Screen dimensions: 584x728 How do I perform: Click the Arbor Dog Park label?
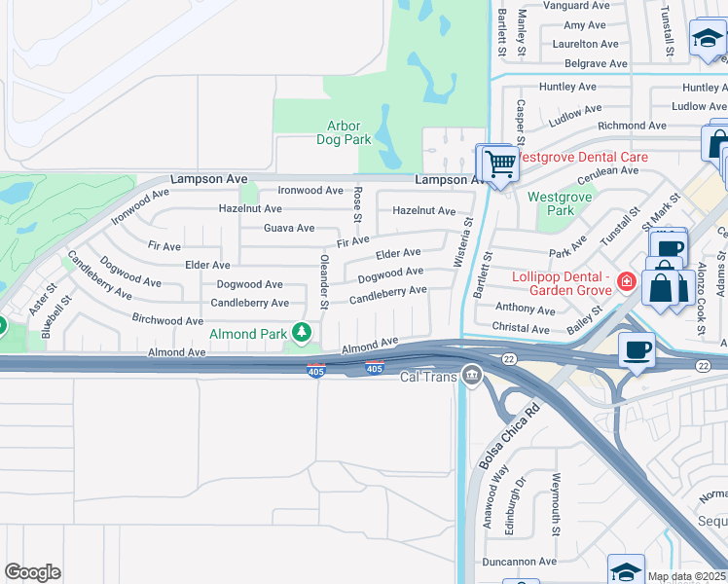pos(344,132)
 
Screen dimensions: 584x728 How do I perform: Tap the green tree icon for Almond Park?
pos(303,333)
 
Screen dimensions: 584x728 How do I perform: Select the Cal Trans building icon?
pos(472,375)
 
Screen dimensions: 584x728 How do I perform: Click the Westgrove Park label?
pos(551,202)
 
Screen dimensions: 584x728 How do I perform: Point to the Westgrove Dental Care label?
pos(581,156)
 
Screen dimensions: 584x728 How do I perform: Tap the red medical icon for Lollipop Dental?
pos(627,283)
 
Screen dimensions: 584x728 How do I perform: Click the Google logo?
pos(32,572)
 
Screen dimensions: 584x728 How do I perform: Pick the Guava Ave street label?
pos(289,228)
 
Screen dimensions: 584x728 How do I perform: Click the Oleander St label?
pos(324,278)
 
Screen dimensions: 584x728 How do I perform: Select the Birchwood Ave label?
pos(167,320)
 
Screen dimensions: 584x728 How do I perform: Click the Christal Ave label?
pos(521,328)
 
